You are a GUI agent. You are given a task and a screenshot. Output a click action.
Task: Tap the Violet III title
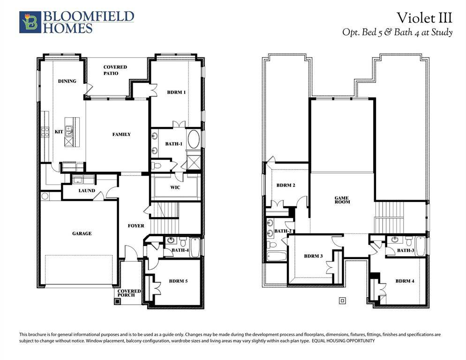click(424, 18)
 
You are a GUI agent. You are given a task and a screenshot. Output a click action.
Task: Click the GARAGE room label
click(82, 233)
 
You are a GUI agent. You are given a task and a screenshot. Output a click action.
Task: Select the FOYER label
click(136, 225)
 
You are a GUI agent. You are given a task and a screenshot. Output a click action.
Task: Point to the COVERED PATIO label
click(115, 70)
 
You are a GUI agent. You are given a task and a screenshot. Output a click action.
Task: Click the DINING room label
click(67, 81)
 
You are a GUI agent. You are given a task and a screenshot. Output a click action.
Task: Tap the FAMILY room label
click(121, 134)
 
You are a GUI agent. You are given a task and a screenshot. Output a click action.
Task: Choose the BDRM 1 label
click(176, 92)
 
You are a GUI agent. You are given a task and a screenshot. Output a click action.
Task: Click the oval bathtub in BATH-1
click(193, 140)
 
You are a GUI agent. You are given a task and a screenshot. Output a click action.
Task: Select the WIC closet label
click(175, 187)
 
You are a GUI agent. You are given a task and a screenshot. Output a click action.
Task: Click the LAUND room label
click(87, 190)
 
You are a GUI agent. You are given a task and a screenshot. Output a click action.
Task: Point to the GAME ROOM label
click(342, 200)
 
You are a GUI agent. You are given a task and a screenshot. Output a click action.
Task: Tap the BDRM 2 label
click(286, 185)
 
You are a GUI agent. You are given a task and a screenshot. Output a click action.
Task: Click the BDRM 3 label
click(313, 256)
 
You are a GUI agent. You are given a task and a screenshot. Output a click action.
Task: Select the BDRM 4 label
click(405, 281)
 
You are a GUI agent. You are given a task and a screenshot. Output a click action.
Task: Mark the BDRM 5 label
click(178, 281)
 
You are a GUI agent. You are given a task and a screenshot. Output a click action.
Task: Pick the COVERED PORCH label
click(129, 293)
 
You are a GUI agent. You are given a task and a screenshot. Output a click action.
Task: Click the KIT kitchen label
click(59, 132)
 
